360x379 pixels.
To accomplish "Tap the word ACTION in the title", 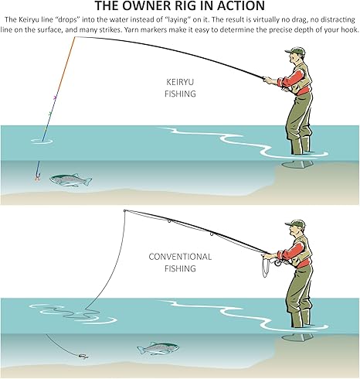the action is coord(241,5).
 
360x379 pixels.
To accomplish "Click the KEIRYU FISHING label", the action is coord(180,88).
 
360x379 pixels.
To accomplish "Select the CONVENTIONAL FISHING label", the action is coord(180,262).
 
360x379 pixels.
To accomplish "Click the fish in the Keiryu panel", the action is coord(70,179).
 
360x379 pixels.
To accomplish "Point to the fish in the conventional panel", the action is coord(158,349).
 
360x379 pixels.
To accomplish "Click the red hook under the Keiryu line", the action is coord(38,178).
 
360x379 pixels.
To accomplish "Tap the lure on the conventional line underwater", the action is coord(83,357).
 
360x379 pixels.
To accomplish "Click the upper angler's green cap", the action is coord(295,50).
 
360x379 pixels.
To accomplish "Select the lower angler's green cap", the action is coord(295,224).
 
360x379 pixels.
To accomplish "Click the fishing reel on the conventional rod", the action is coord(278,262).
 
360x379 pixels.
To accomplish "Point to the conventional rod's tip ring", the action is coord(124,211).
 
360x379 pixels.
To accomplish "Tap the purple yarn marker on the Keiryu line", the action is coord(55,97).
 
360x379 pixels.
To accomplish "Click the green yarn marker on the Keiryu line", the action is coord(50,113).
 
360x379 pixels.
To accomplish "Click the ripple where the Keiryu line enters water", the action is coord(42,141).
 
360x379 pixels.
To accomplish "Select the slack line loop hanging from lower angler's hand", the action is coord(265,267).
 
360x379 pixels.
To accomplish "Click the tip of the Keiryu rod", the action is coord(75,37).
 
